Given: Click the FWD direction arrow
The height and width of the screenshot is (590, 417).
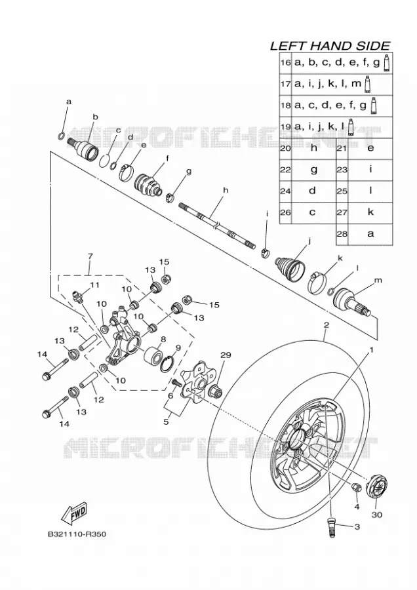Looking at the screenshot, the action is click(74, 513).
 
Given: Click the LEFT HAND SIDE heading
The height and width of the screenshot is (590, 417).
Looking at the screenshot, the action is click(330, 46).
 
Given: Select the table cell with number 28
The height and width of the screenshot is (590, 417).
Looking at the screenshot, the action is click(342, 233).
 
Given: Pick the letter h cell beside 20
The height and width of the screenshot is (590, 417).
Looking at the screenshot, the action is click(313, 148).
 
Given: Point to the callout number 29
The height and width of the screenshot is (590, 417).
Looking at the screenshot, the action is click(226, 355).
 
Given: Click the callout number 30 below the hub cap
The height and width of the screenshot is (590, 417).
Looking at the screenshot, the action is click(376, 514).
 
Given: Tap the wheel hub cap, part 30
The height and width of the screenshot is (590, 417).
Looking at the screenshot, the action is click(377, 487).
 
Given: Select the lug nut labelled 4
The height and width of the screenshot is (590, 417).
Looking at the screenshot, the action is click(356, 487).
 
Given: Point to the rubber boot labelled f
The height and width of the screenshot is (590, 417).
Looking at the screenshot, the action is click(148, 185).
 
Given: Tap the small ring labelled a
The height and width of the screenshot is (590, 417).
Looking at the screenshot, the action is click(62, 136).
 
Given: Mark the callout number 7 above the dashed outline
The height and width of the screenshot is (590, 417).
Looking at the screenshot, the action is click(90, 256).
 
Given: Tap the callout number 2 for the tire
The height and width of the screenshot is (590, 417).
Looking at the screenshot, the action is click(327, 324).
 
